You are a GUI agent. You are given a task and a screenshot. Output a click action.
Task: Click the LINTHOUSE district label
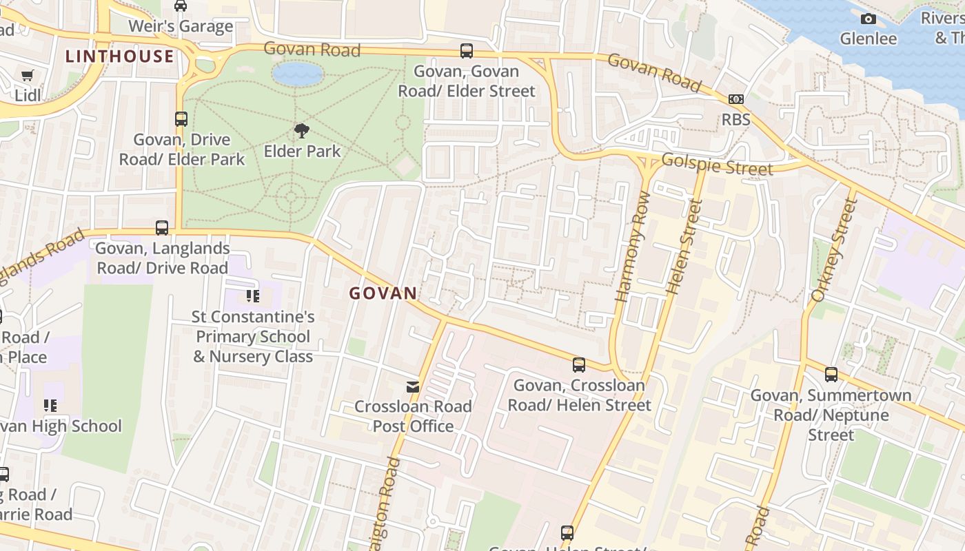tap(120, 56)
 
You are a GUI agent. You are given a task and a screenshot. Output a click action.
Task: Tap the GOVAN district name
tap(383, 293)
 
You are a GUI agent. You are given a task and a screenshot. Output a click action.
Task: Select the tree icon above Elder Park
tap(301, 131)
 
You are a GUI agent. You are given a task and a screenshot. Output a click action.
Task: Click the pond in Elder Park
tap(298, 73)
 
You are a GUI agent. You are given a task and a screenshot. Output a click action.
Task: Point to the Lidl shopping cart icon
tap(27, 76)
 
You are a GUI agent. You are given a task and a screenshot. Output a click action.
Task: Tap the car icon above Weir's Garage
tap(181, 6)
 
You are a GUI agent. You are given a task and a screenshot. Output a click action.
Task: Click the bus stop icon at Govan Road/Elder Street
tap(467, 50)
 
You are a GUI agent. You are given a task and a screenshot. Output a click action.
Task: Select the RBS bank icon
tap(735, 99)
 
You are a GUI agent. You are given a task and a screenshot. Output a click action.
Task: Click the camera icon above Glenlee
tap(868, 19)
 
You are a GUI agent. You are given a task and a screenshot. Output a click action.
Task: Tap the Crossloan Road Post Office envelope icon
tap(413, 387)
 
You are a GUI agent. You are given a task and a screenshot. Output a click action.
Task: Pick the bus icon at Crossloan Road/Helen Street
tap(579, 365)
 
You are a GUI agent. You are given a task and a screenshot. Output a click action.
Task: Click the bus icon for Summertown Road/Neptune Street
tap(831, 375)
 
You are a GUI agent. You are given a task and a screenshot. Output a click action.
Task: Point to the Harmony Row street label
tap(633, 256)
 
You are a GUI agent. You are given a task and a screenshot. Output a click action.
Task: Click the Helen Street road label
tap(684, 247)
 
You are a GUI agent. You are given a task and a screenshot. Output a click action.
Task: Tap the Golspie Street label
tap(717, 165)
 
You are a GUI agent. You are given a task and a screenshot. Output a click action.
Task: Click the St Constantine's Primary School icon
tap(252, 297)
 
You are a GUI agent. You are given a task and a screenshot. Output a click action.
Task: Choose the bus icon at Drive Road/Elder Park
tap(181, 119)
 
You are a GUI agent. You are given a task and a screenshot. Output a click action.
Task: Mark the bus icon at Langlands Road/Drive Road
tap(162, 228)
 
